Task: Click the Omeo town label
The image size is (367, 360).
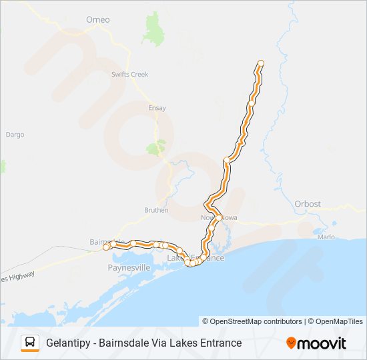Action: click(x=97, y=19)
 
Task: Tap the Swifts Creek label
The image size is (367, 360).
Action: click(x=129, y=74)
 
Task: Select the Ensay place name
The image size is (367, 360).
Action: click(x=157, y=108)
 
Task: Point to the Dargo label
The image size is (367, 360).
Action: click(x=15, y=134)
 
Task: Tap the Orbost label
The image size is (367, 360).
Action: click(x=308, y=203)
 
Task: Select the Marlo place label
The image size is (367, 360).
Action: click(x=326, y=237)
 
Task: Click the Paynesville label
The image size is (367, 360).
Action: click(x=130, y=267)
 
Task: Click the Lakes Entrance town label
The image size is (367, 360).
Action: click(x=196, y=257)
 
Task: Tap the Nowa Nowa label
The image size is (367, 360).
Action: click(x=220, y=218)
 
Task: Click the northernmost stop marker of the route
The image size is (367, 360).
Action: click(x=260, y=63)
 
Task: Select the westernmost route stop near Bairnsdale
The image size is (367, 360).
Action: click(x=105, y=247)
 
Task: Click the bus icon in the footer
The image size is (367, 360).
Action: click(x=30, y=343)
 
